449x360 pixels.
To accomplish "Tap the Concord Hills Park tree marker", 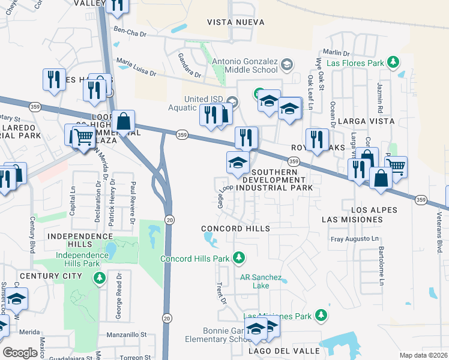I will pyautogui.click(x=239, y=259).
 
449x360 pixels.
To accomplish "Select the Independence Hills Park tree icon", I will pyautogui.click(x=100, y=278).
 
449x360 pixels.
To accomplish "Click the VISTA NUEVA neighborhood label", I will pyautogui.click(x=235, y=22).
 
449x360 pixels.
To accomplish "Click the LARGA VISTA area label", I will pyautogui.click(x=366, y=121).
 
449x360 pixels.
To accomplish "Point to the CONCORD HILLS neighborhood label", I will pyautogui.click(x=235, y=229).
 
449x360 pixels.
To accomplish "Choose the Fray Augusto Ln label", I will pyautogui.click(x=356, y=239).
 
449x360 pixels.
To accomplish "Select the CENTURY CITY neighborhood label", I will pyautogui.click(x=50, y=276).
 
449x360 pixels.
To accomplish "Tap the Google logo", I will pyautogui.click(x=20, y=352).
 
